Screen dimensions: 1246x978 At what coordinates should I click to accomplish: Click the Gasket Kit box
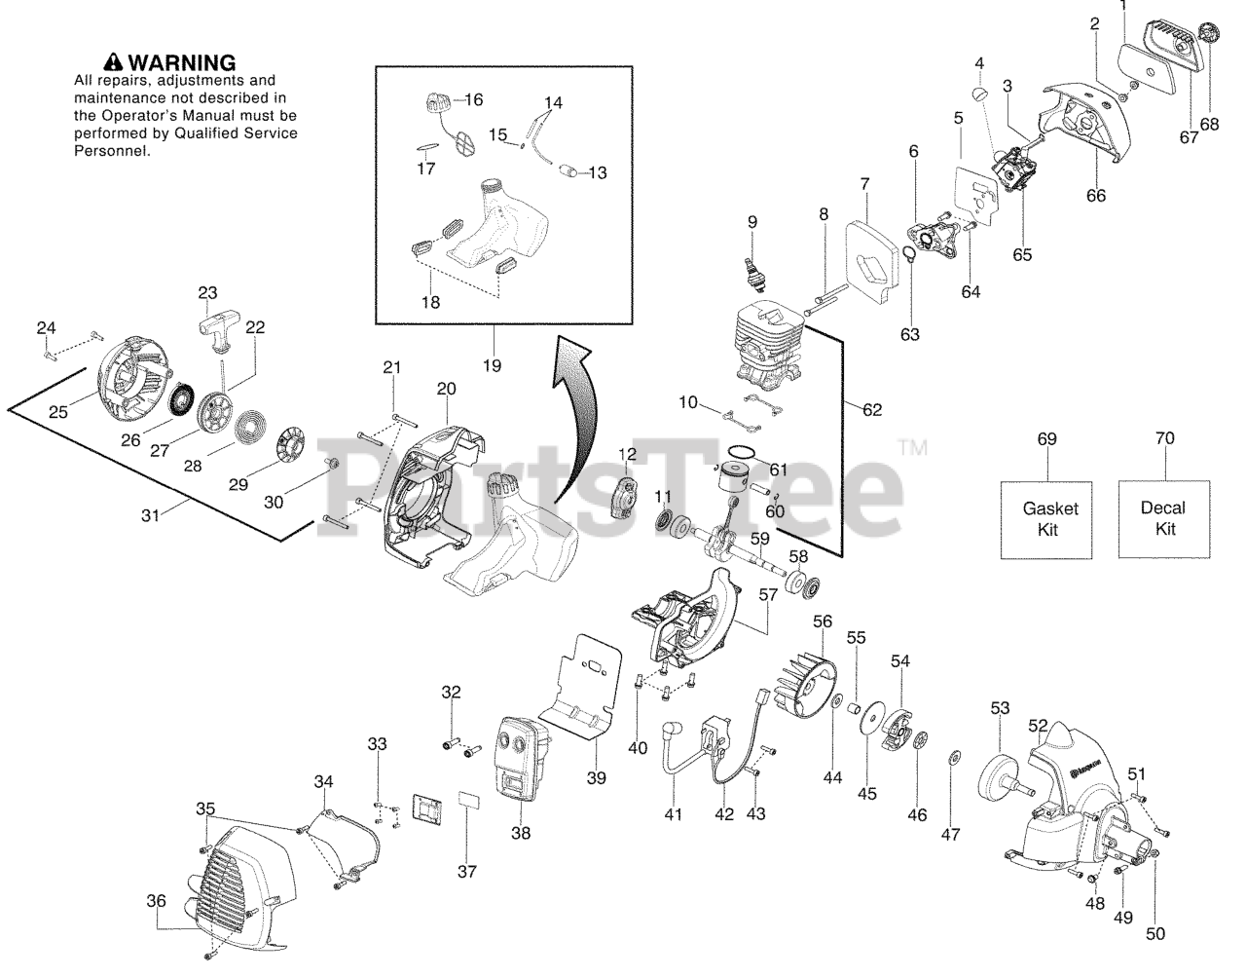coord(1045,520)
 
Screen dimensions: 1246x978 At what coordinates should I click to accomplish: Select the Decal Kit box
coord(1164,519)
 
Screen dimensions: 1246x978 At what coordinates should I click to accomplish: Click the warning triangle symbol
coord(114,61)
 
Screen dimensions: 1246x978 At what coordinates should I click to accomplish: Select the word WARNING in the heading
coord(182,62)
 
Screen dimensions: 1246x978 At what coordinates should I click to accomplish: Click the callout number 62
coord(871,409)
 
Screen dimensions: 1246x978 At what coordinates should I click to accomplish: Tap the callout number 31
coord(150,515)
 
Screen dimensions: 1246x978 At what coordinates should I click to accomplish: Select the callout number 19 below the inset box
coord(492,365)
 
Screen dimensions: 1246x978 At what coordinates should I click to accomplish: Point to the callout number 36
coord(156,901)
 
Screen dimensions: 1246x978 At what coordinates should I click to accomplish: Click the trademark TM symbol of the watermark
coord(912,447)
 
